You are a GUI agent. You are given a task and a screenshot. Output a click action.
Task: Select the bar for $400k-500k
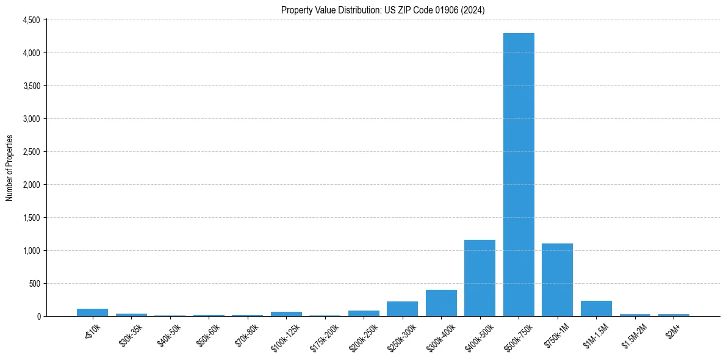pos(480,278)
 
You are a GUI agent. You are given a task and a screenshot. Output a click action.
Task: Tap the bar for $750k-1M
pos(557,280)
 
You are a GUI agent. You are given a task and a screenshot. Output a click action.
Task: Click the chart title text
pos(383,10)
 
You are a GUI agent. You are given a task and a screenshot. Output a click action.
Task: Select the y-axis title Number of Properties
pos(10,168)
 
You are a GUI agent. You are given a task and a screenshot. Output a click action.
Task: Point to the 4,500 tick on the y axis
pos(31,20)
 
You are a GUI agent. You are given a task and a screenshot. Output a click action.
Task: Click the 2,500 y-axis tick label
pos(31,152)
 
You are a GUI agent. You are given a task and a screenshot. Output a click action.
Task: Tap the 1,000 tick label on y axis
pos(31,251)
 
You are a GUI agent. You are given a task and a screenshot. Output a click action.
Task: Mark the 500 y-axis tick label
pos(34,284)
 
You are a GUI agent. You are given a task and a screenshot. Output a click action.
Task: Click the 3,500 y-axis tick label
pos(31,86)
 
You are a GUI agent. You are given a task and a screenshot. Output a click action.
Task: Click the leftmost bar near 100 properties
pos(92,312)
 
